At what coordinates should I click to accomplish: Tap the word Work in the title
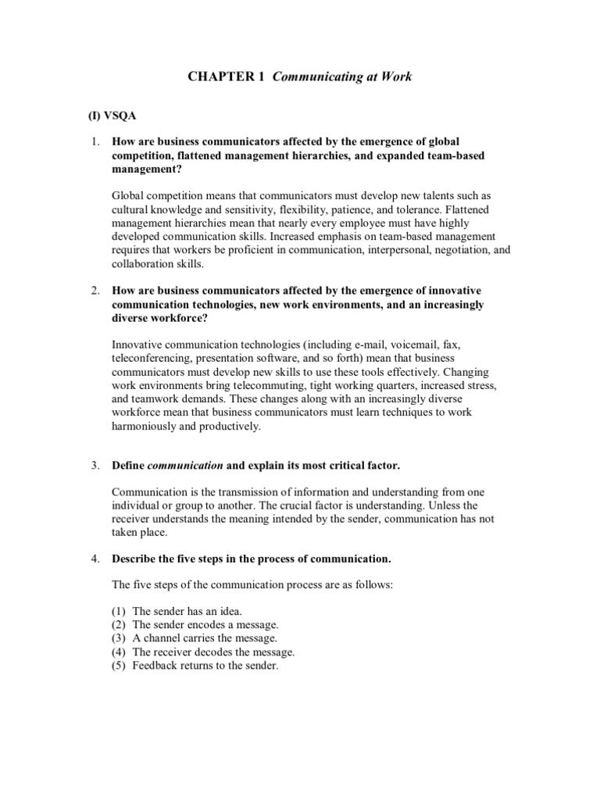pyautogui.click(x=395, y=77)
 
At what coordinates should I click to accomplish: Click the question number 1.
pyautogui.click(x=95, y=142)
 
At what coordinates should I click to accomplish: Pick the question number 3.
pyautogui.click(x=95, y=466)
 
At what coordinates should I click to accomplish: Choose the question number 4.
pyautogui.click(x=95, y=559)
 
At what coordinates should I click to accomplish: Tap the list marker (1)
pyautogui.click(x=120, y=611)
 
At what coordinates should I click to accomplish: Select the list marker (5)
pyautogui.click(x=120, y=666)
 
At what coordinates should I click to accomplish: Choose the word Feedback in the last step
pyautogui.click(x=156, y=666)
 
